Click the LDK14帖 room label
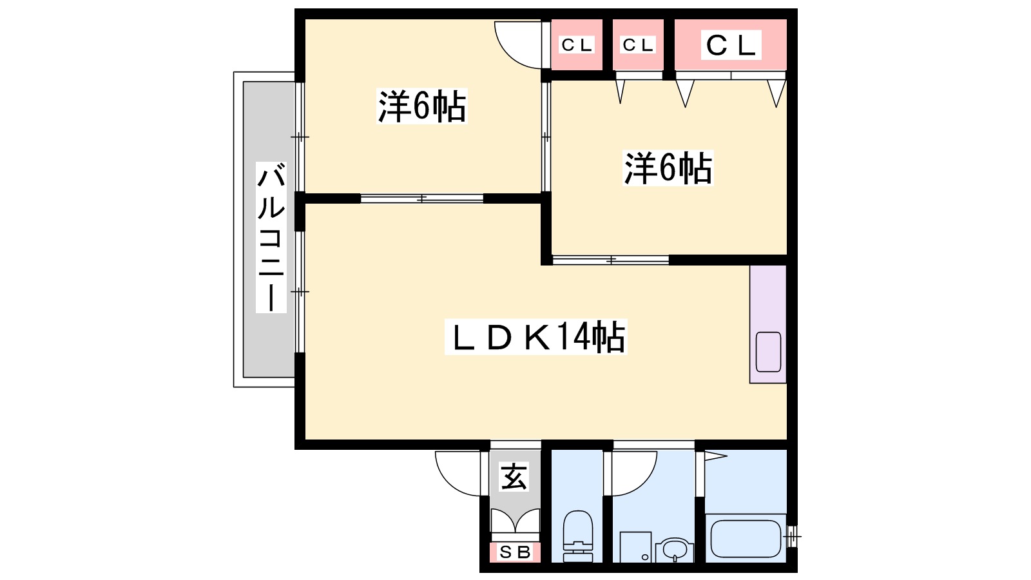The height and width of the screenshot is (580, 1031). (535, 336)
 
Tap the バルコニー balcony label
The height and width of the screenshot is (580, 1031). (271, 238)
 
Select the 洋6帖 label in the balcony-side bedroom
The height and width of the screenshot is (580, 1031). (421, 106)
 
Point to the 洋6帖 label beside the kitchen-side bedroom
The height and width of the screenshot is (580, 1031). (668, 168)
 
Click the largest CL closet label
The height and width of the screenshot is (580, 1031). (731, 45)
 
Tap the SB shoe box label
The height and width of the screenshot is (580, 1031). (515, 552)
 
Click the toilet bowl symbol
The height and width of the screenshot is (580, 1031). (578, 536)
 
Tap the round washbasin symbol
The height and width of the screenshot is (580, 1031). (675, 550)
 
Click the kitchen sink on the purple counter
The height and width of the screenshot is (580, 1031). (768, 352)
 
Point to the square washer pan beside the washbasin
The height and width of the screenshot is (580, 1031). (635, 547)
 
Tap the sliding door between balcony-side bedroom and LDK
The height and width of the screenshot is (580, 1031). (421, 198)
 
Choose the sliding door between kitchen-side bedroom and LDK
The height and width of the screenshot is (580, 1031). (610, 260)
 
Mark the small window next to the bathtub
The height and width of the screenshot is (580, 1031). (792, 536)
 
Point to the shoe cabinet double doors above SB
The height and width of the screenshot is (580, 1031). (515, 521)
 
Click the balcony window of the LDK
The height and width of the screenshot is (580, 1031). (300, 292)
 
